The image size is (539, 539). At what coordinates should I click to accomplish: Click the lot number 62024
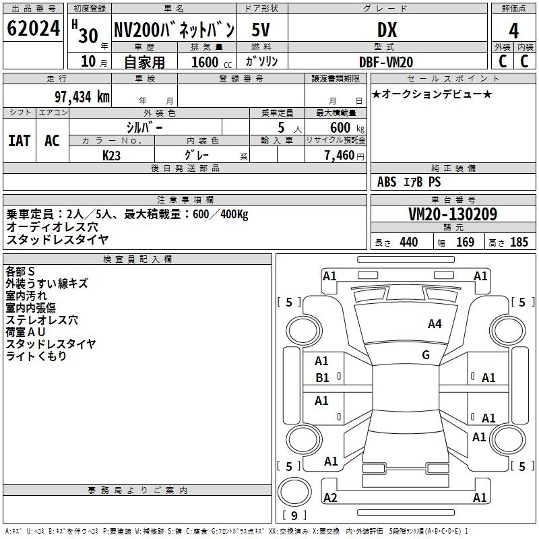point(33,28)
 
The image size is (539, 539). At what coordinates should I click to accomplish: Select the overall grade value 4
point(513,30)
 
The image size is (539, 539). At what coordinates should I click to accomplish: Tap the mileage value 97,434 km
point(82,96)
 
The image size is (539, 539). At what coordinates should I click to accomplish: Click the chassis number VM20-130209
point(453,214)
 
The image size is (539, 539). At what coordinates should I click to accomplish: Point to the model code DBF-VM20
point(385,62)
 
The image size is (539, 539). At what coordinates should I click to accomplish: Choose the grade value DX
point(387,30)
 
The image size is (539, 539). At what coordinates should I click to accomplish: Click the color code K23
point(111,156)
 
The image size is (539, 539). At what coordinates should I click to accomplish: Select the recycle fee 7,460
point(340,155)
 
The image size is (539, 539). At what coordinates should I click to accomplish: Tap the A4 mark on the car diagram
point(435,323)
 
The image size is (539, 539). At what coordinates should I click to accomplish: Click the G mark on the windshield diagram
point(426,355)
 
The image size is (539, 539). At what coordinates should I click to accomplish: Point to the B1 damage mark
point(322,378)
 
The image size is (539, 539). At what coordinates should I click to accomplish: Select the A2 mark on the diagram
point(330,497)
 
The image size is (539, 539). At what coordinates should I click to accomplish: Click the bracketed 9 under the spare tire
point(294,515)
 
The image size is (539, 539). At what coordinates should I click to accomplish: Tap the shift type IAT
point(19,141)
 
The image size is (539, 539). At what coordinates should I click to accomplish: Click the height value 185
point(519,242)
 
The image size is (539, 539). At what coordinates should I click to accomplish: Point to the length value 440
point(409,242)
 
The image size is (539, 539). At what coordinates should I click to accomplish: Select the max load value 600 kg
point(347,127)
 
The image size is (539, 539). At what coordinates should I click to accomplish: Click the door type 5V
point(261,30)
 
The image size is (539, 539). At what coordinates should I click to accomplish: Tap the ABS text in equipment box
point(387,181)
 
